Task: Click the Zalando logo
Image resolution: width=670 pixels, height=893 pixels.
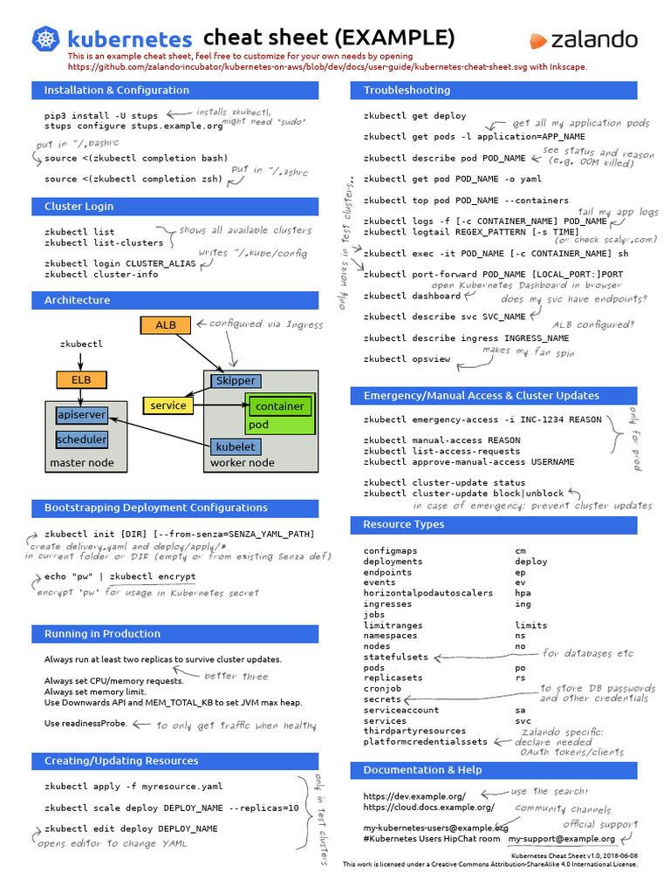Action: click(x=584, y=40)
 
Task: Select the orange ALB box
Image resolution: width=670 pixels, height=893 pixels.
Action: click(x=166, y=325)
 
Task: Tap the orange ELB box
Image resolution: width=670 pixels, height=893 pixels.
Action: click(x=81, y=379)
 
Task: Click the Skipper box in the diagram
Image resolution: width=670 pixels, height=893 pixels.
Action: click(x=235, y=381)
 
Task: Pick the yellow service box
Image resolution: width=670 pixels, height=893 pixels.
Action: click(x=168, y=406)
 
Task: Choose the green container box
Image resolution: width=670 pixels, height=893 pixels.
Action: click(x=279, y=406)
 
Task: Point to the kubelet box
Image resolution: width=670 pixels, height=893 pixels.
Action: click(x=235, y=446)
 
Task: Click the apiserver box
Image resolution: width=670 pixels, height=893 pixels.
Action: click(x=81, y=414)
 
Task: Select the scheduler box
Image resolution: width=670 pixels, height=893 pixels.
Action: click(x=81, y=440)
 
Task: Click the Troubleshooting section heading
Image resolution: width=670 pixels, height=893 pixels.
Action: click(x=407, y=90)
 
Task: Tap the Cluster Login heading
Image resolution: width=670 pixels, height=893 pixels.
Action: click(x=79, y=207)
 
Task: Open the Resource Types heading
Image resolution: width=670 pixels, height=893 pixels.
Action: click(x=403, y=525)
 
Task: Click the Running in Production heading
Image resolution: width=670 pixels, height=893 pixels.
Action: click(x=102, y=634)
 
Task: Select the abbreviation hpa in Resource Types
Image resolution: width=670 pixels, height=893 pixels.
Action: click(x=523, y=593)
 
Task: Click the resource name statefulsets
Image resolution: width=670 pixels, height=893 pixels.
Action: click(x=396, y=657)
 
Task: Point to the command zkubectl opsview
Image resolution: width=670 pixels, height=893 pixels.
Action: click(x=403, y=359)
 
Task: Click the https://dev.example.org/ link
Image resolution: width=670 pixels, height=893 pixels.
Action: click(x=414, y=795)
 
